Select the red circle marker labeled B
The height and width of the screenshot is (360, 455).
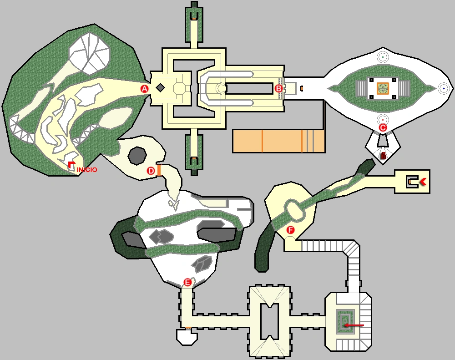tap(279, 88)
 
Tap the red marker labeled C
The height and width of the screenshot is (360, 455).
tap(383, 128)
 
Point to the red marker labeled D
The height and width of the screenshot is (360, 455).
tap(151, 171)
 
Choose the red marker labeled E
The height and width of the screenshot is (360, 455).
tap(187, 282)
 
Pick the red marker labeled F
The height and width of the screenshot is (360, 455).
tap(291, 231)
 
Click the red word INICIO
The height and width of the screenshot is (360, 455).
tap(87, 170)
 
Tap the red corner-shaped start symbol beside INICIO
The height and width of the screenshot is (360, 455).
tap(71, 164)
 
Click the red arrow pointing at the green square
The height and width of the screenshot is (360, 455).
tap(354, 325)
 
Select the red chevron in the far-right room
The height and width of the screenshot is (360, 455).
tap(423, 182)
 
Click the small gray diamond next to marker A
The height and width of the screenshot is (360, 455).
tap(160, 87)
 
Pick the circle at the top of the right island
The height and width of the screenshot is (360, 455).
tap(383, 57)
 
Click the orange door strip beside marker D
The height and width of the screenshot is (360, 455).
tap(159, 170)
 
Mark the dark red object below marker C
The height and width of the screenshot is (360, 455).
tap(384, 156)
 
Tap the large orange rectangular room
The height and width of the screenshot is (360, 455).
tap(278, 141)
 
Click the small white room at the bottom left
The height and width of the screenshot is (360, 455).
tap(187, 336)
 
